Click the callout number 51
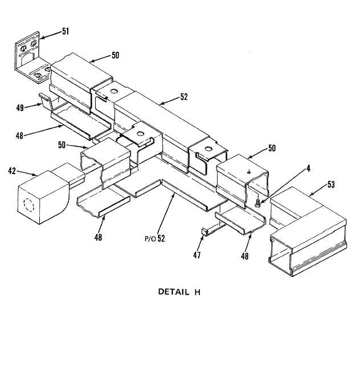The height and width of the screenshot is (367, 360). (x=66, y=31)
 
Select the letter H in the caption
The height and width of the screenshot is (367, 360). (x=197, y=292)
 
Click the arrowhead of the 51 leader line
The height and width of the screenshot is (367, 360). (x=41, y=37)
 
